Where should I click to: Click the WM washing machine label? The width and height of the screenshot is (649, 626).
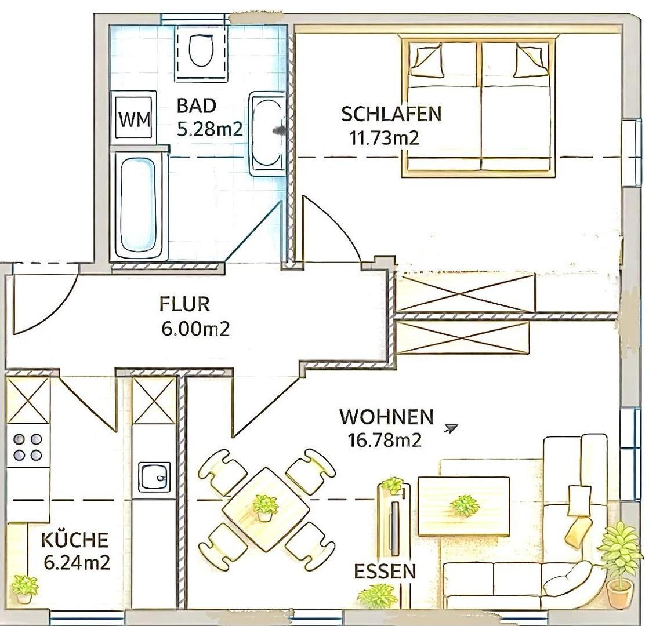[135, 120]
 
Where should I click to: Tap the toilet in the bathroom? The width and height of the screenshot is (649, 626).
[201, 50]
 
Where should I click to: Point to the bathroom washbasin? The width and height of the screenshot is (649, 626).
[267, 134]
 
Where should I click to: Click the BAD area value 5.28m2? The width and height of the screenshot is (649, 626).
[209, 129]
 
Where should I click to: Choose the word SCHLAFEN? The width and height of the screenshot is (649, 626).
[391, 114]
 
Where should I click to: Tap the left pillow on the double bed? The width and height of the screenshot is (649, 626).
[429, 61]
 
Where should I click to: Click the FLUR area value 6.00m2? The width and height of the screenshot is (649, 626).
[195, 329]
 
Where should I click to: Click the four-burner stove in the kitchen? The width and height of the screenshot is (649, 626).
[28, 446]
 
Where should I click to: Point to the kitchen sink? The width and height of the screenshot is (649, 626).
[154, 476]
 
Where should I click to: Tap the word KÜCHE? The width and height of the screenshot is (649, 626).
[74, 540]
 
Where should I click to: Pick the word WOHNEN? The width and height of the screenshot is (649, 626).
[386, 417]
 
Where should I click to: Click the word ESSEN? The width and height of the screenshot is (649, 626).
[385, 572]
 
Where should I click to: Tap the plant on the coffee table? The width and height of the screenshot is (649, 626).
[465, 505]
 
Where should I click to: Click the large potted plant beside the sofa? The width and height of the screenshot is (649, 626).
[619, 563]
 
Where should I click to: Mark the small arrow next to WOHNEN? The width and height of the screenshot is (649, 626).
[451, 428]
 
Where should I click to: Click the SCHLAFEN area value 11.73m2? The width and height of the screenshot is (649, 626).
[384, 137]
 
